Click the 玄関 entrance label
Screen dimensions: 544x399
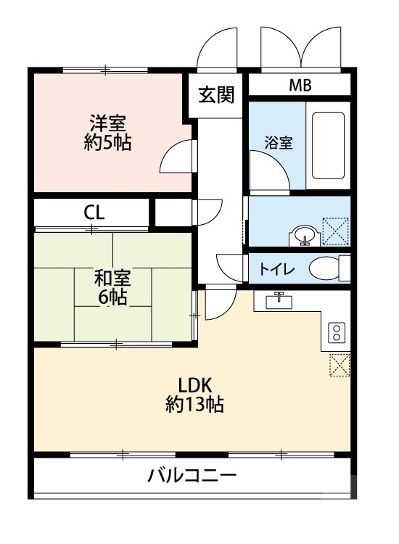(x=217, y=95)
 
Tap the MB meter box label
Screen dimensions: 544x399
(x=300, y=86)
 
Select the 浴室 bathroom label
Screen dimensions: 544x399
(x=279, y=143)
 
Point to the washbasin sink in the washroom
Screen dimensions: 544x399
(x=304, y=235)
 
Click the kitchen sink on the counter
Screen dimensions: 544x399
(x=278, y=300)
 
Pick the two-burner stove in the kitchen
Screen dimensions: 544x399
(x=336, y=332)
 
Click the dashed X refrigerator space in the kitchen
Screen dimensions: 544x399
(x=339, y=365)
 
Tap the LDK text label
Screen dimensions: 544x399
(x=194, y=384)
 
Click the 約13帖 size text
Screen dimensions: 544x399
(x=194, y=405)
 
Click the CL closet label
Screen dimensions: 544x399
(x=94, y=213)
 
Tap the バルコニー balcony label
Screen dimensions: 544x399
(x=192, y=477)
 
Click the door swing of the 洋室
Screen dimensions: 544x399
(x=177, y=157)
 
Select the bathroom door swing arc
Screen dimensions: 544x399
(x=270, y=170)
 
